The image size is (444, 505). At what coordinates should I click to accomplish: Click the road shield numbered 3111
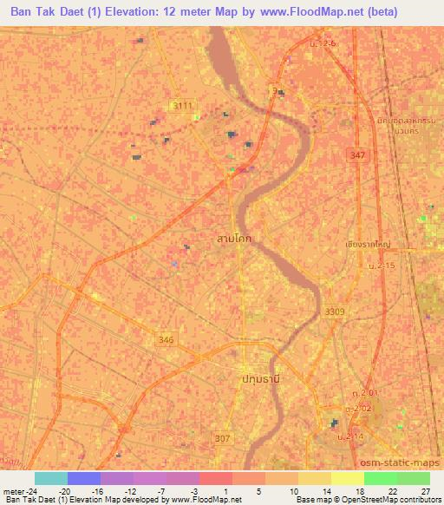(x=182, y=106)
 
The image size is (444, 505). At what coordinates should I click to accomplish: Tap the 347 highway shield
(x=358, y=154)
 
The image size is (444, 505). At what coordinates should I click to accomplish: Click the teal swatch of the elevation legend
(x=51, y=478)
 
